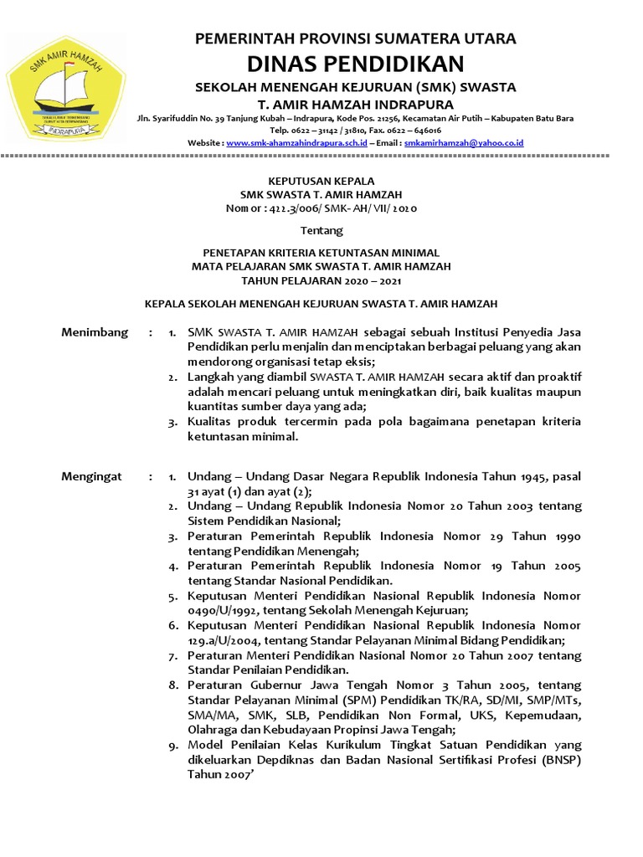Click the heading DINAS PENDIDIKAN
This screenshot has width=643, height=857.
(355, 64)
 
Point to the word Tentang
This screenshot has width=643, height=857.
(321, 229)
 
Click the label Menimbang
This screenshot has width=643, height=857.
(95, 332)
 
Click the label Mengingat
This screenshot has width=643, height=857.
(92, 476)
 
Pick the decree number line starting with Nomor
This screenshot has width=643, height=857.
(321, 207)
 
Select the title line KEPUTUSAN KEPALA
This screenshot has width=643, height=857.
(321, 180)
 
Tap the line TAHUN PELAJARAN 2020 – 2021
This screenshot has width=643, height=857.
(321, 280)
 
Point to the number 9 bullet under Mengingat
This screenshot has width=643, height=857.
(172, 744)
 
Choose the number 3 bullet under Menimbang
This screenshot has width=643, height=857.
(172, 423)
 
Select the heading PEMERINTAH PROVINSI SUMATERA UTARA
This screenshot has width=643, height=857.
(355, 38)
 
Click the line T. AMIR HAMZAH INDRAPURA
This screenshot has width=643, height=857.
(355, 105)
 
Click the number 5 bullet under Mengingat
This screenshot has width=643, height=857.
(172, 597)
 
